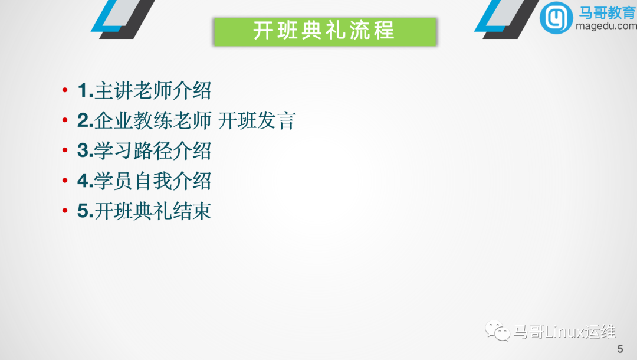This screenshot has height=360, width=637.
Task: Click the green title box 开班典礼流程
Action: pos(324,31)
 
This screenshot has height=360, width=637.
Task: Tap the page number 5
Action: pos(620,348)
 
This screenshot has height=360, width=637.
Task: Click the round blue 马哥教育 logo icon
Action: pos(556,17)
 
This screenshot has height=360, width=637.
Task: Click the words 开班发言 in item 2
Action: pos(257,121)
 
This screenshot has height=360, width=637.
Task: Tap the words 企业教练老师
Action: pos(153,121)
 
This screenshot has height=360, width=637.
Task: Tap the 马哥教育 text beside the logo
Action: pos(608,12)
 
